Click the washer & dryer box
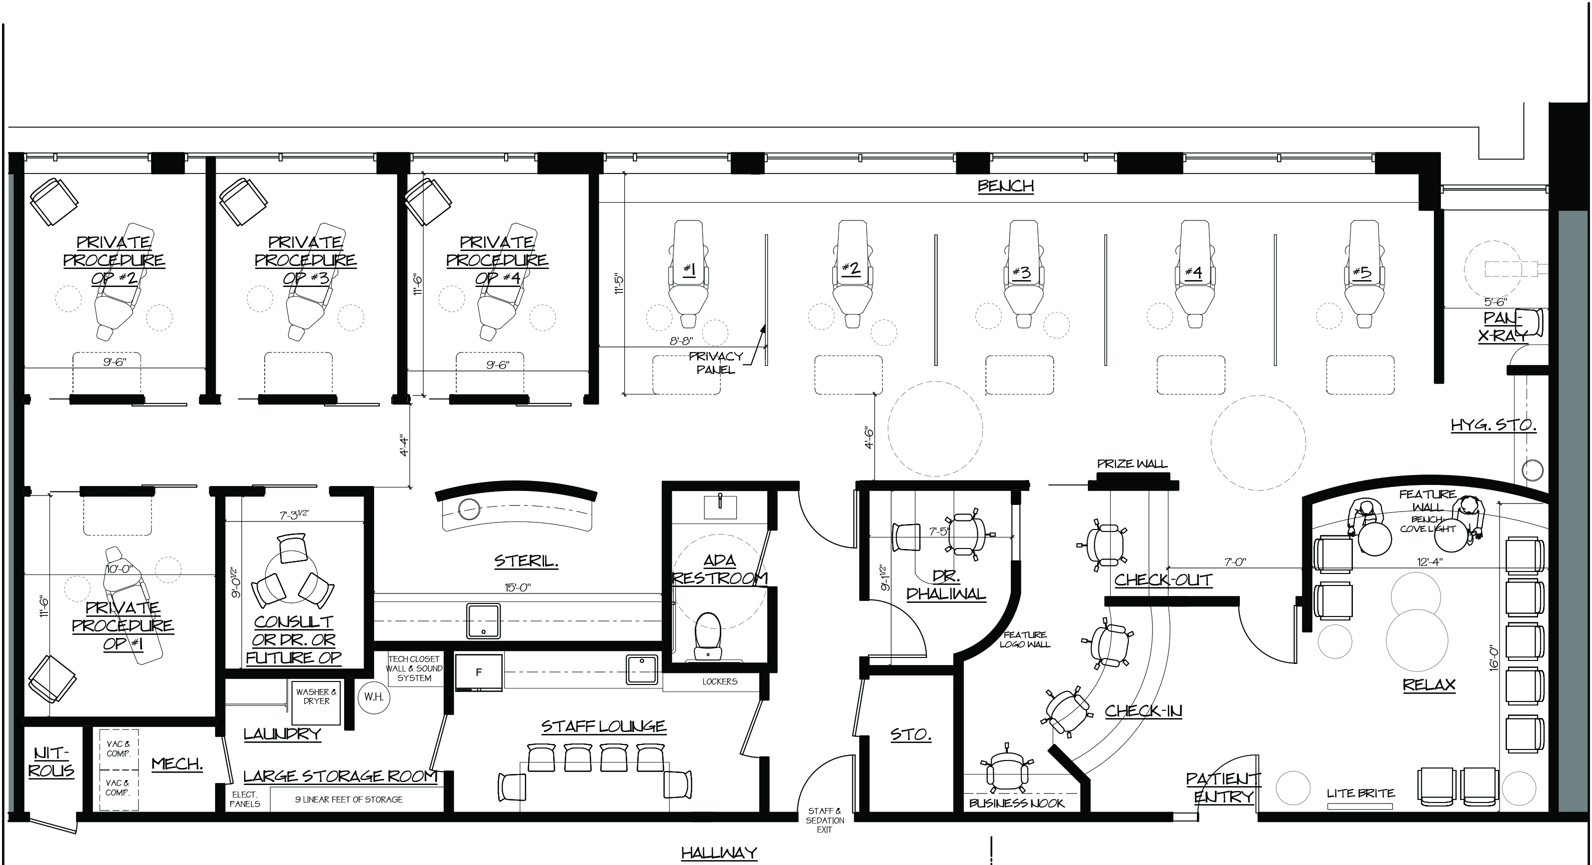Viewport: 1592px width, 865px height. [317, 702]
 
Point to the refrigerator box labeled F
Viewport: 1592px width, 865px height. [478, 672]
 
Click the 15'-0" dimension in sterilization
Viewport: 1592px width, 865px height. [518, 587]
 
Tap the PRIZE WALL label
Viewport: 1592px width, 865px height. [1132, 464]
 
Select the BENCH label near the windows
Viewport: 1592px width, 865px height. [1005, 186]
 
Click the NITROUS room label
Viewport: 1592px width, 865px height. [52, 762]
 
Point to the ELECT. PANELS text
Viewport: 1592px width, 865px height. [245, 799]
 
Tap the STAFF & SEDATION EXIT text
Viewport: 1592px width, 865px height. [824, 820]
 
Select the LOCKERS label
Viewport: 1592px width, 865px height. [719, 681]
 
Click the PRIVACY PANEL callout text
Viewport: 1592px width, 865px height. [716, 362]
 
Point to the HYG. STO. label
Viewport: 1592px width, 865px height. [1493, 425]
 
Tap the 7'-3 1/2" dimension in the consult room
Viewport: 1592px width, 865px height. [294, 514]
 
